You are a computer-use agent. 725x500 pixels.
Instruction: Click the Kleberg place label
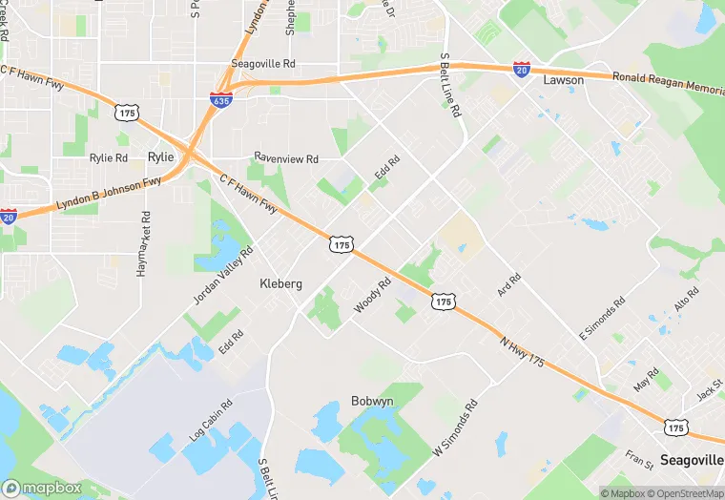tap(281, 283)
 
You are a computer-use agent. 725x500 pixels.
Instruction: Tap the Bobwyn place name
tap(372, 401)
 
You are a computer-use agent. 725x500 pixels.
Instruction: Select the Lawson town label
tap(563, 80)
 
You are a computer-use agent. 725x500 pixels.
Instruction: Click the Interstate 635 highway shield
tap(220, 99)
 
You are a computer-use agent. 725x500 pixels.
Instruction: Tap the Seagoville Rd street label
tap(265, 64)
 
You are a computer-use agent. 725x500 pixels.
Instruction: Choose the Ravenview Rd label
tap(285, 156)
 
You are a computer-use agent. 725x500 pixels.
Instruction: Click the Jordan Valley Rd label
tap(223, 275)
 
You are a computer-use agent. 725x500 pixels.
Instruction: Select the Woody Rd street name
tap(373, 294)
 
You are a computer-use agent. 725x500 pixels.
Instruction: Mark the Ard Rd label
tap(509, 284)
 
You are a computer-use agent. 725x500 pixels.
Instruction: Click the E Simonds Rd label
tap(601, 320)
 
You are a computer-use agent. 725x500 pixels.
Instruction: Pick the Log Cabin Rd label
tap(210, 421)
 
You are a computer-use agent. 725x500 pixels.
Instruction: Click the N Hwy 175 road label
tap(522, 351)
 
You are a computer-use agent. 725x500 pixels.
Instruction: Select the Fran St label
tap(639, 460)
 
